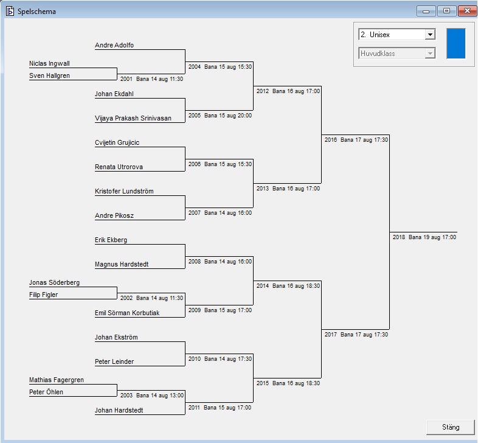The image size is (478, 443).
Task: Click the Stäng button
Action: click(451, 427)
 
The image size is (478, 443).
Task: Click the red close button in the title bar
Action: click(466, 11)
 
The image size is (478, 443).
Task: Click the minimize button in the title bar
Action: click(426, 11)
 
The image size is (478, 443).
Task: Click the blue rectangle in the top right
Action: click(455, 43)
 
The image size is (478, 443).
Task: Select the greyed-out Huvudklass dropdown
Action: click(397, 54)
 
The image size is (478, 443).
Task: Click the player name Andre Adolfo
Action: click(114, 46)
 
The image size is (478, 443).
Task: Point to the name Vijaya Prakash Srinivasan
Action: click(133, 118)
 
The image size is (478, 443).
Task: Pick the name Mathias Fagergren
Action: click(57, 380)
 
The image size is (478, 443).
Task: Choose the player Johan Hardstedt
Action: click(119, 410)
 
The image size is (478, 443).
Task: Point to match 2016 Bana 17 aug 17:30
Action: click(356, 140)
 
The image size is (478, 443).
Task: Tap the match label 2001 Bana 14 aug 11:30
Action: click(151, 79)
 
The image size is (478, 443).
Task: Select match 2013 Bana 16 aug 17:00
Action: click(288, 189)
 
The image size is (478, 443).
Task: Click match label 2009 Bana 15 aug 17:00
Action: click(220, 310)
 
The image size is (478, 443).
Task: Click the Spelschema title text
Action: click(36, 11)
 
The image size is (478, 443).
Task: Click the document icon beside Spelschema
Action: click(10, 11)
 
